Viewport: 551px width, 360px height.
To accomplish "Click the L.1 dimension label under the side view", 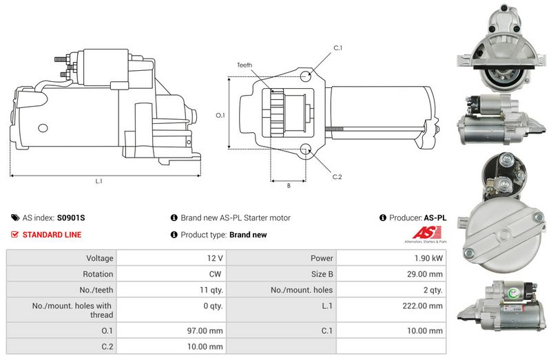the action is point(98,181).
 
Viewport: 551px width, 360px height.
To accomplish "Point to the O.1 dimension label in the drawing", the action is point(220,115).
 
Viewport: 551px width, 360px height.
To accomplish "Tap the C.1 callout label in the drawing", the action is point(337,48).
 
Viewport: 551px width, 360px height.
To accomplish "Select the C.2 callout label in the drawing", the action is point(337,177).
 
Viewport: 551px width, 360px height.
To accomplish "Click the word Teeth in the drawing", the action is point(245,65).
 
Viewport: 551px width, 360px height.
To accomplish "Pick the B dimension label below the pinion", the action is point(289,186).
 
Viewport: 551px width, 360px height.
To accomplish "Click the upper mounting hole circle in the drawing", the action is point(306,76).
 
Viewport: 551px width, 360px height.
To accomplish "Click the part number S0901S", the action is point(71,218).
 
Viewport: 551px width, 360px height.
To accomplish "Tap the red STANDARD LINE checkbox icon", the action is point(14,234).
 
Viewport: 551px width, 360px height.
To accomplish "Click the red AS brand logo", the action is point(426,233).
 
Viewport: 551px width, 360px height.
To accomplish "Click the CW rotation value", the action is point(215,274).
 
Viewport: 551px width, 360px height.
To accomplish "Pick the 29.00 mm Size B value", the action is point(425,274).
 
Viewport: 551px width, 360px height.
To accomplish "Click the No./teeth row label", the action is point(96,290).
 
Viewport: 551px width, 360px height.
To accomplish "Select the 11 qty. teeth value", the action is point(211,290).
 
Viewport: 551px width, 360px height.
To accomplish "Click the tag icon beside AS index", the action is point(15,218).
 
